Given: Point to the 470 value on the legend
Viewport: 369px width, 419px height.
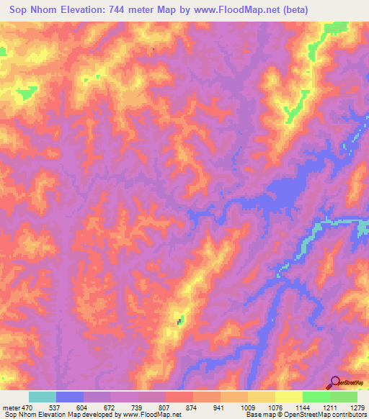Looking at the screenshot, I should [28, 406].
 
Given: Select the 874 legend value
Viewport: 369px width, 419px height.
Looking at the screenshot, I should [192, 406].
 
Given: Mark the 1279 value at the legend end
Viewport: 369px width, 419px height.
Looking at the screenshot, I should [354, 406].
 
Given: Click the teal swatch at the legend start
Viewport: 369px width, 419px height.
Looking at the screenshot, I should [42, 397].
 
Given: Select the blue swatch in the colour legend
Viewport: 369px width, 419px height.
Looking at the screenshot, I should [69, 397].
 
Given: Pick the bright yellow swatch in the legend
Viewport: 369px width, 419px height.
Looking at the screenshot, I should [288, 397].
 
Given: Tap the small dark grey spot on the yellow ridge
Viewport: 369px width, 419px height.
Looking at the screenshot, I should [179, 320].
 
